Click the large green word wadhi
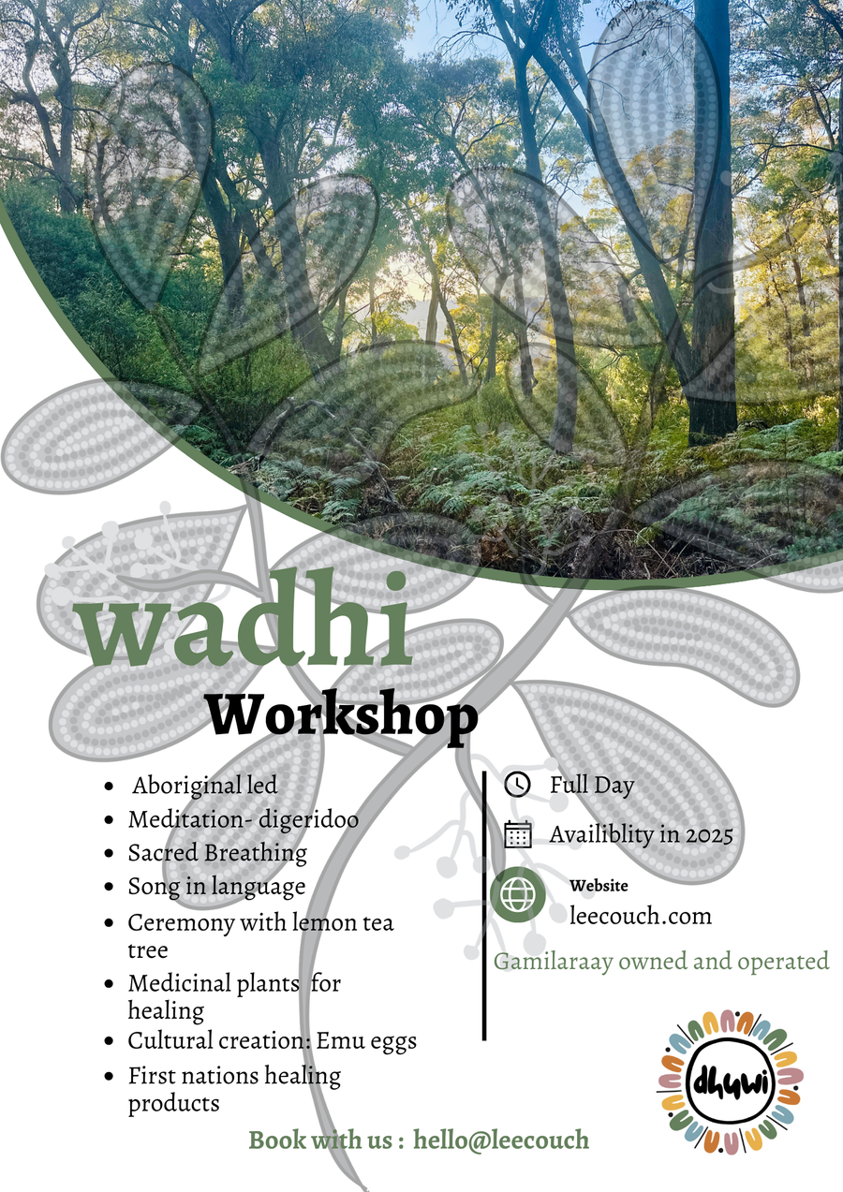click(x=248, y=633)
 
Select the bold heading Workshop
click(x=342, y=717)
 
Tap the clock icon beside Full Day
click(x=517, y=785)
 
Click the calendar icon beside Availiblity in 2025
click(x=517, y=834)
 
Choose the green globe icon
click(x=518, y=895)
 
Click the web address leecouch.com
click(x=641, y=915)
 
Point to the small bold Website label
click(x=599, y=886)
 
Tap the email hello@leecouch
click(x=501, y=1140)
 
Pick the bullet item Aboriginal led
click(x=204, y=786)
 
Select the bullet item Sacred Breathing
click(x=217, y=853)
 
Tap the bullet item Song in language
click(x=216, y=886)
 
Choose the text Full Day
click(x=591, y=785)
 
